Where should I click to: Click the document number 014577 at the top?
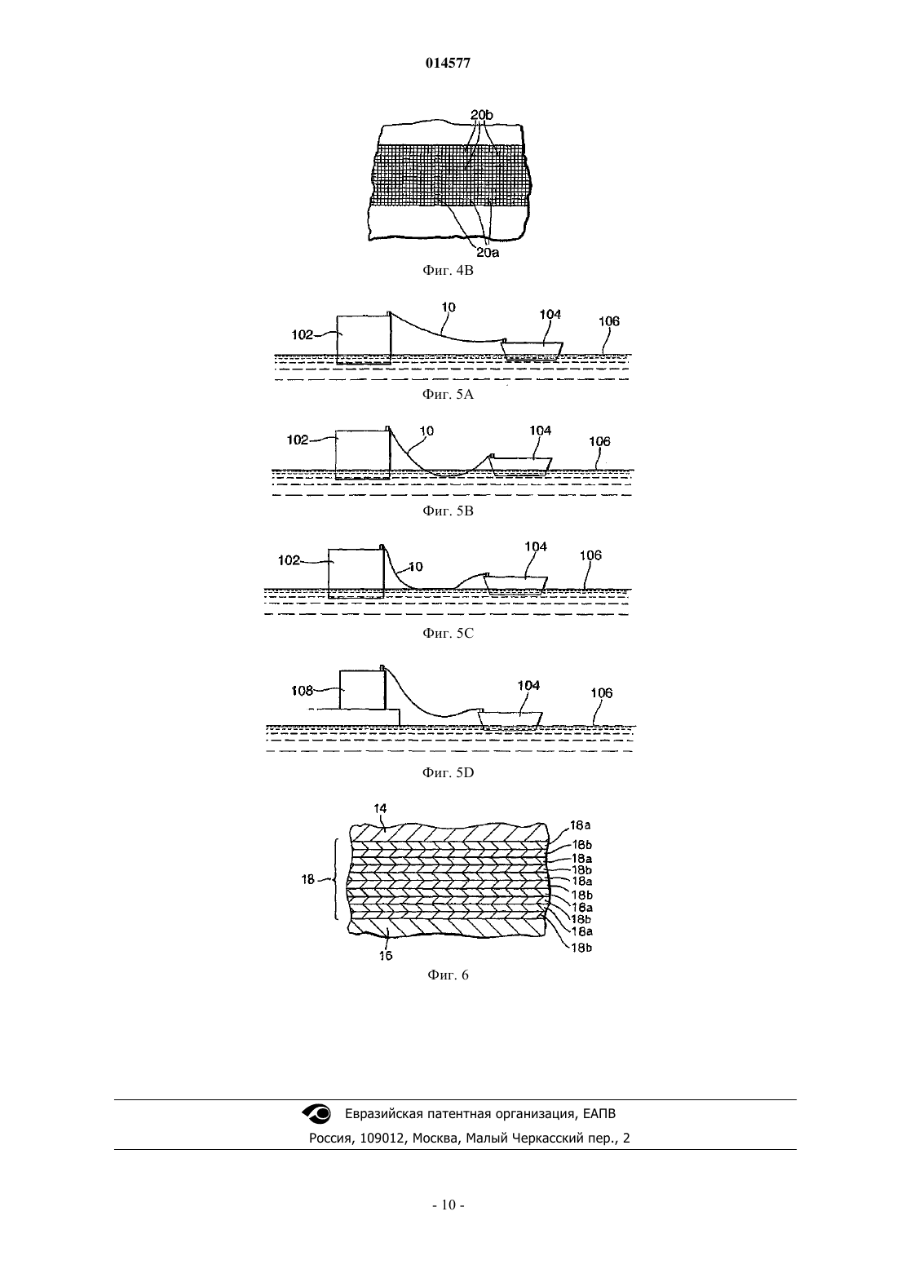(x=448, y=64)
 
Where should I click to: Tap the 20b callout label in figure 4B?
(x=481, y=115)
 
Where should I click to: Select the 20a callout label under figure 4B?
(x=488, y=253)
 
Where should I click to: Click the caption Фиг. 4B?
(x=448, y=270)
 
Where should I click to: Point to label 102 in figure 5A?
(x=302, y=335)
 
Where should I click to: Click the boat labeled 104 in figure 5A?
(x=532, y=350)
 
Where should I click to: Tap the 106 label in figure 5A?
(x=609, y=321)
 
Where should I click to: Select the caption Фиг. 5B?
(x=448, y=511)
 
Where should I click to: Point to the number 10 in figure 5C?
(x=416, y=567)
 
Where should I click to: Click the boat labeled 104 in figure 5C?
(x=516, y=584)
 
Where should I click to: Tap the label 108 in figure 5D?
(x=302, y=691)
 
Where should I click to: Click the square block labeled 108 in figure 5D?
(x=362, y=689)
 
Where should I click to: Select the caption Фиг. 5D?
(x=448, y=772)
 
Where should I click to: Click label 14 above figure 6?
(x=380, y=808)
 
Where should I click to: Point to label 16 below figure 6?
(x=386, y=956)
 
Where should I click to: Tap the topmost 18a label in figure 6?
(x=581, y=825)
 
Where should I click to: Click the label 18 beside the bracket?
(x=308, y=880)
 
